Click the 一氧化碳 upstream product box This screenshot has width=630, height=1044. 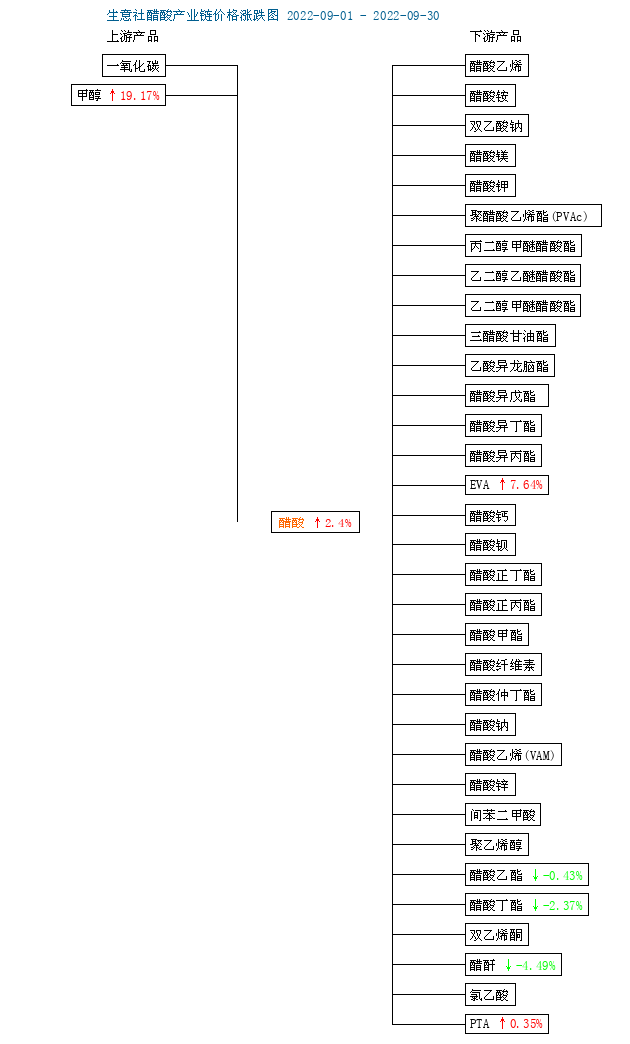[134, 66]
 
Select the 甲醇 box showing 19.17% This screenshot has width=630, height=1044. [119, 95]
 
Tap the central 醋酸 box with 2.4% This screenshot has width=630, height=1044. [315, 522]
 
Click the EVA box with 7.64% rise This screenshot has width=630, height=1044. [507, 485]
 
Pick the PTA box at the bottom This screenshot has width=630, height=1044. [507, 1023]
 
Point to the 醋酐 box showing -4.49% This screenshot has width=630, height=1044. [513, 965]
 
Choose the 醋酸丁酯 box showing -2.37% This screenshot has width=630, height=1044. [527, 905]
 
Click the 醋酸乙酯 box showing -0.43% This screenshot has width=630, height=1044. [527, 875]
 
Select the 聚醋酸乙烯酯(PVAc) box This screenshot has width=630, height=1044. [533, 216]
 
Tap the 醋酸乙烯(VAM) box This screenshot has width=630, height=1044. [513, 755]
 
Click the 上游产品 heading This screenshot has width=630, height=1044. [133, 37]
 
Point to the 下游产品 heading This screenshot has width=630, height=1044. [495, 37]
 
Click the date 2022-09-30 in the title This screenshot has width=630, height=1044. [406, 15]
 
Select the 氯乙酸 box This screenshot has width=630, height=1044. [490, 995]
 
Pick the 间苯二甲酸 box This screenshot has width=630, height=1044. [503, 815]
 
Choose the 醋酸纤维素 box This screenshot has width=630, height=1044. [503, 665]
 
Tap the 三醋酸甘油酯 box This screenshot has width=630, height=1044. [510, 336]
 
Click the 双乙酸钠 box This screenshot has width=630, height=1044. [497, 126]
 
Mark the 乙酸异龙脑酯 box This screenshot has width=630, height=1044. [510, 366]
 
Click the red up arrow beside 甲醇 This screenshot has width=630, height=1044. [113, 95]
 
